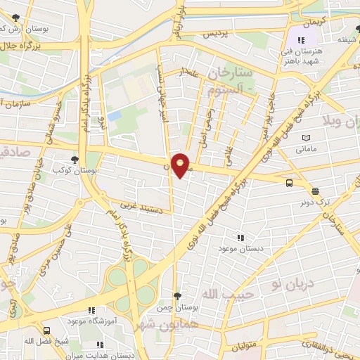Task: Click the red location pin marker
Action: click(181, 165)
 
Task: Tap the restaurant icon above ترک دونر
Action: click(314, 190)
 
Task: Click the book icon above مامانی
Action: click(304, 138)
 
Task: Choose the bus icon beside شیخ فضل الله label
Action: click(47, 330)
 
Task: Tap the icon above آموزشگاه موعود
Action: click(91, 309)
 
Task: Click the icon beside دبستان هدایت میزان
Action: click(99, 345)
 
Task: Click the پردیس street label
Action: click(217, 34)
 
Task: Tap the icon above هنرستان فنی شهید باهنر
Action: click(302, 41)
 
